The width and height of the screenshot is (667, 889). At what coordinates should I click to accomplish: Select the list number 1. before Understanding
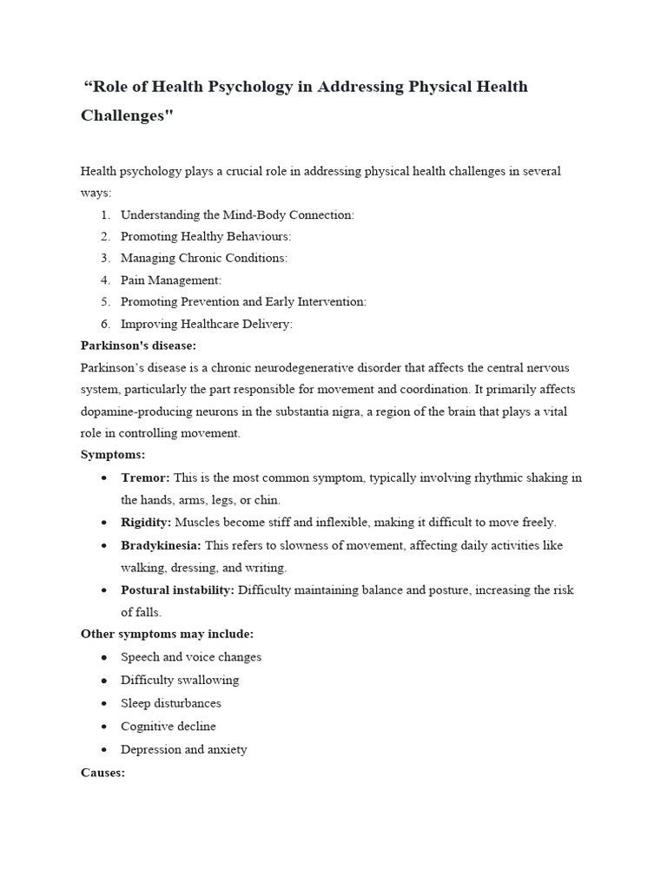click(x=105, y=214)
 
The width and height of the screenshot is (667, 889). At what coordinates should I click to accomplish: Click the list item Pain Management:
click(x=171, y=280)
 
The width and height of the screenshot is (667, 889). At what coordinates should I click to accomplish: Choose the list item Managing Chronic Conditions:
click(x=203, y=258)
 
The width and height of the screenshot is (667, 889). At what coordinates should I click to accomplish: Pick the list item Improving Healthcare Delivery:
click(x=206, y=324)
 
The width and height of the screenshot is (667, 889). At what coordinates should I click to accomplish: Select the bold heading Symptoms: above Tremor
click(x=113, y=455)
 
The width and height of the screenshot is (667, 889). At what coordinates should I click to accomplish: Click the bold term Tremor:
click(x=146, y=477)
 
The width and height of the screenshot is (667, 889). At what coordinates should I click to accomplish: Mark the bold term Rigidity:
click(x=146, y=522)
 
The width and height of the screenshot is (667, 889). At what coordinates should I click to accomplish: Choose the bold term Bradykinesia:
click(x=161, y=545)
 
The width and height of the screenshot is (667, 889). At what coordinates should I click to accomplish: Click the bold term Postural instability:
click(x=177, y=589)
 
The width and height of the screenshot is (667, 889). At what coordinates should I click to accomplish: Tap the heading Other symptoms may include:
click(x=167, y=634)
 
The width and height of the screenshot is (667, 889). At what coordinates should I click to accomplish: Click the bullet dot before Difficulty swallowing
click(x=104, y=681)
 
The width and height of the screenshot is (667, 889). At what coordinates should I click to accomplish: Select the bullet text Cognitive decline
click(x=168, y=726)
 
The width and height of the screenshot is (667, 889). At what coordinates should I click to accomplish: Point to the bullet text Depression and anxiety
click(x=183, y=749)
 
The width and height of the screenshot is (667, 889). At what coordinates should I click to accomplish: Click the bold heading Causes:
click(x=102, y=771)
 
